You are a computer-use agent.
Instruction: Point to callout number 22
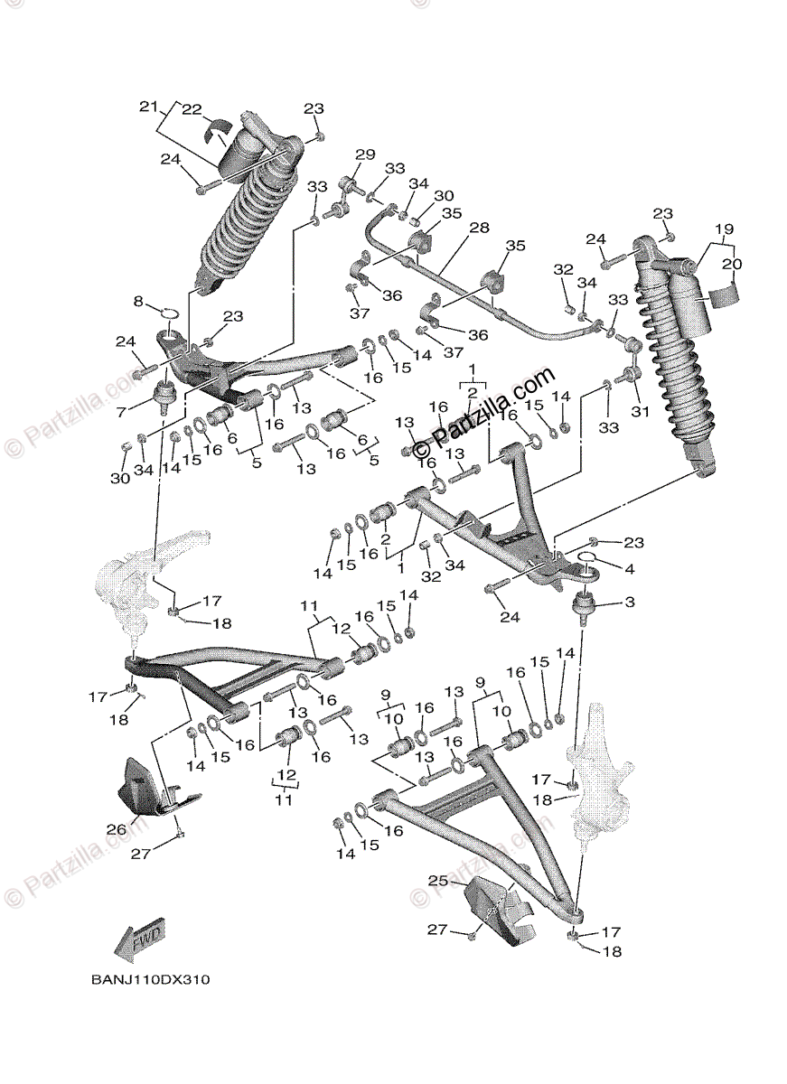pos(191,109)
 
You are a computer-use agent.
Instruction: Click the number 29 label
pos(364,155)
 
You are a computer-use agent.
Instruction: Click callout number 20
pos(731,264)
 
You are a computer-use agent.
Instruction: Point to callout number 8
pos(138,301)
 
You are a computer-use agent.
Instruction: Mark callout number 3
pos(629,602)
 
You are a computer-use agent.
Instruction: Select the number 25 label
pos(437,879)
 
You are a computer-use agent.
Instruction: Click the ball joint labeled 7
pos(165,395)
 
